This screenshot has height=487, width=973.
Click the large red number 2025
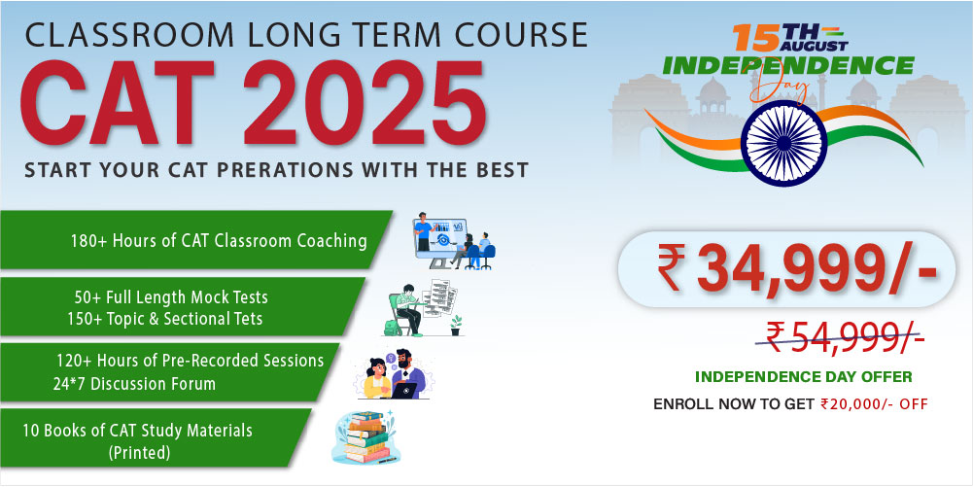click(365, 103)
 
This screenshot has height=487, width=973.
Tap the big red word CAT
click(118, 103)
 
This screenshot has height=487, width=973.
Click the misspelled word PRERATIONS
click(295, 169)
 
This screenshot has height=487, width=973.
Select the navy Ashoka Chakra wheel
click(783, 143)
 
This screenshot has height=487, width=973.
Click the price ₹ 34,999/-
click(797, 268)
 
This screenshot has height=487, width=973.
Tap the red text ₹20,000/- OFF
click(874, 404)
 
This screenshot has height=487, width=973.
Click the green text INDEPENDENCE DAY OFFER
click(804, 376)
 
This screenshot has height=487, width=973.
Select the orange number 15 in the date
click(756, 38)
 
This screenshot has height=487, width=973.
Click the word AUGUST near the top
click(815, 46)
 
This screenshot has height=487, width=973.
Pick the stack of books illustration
click(366, 437)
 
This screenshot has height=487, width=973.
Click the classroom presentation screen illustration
click(454, 241)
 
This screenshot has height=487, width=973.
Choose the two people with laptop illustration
click(396, 373)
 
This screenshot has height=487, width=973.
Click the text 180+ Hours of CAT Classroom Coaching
click(219, 241)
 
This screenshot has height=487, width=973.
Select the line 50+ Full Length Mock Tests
click(171, 297)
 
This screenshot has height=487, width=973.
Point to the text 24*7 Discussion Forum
click(134, 383)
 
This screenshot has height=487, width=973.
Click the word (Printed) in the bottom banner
click(140, 452)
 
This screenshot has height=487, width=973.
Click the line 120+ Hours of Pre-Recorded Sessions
click(190, 361)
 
